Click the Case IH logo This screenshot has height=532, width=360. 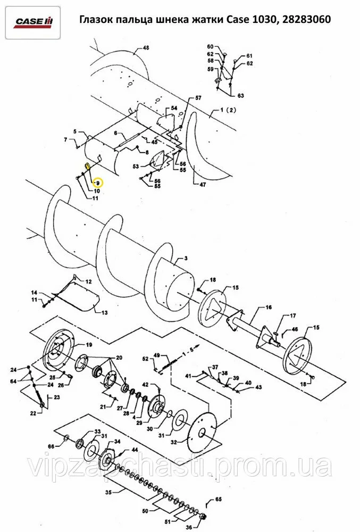tap(33, 22)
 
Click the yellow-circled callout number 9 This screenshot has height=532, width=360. tap(98, 182)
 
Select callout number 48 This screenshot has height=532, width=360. tap(146, 48)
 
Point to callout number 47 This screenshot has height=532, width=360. tap(202, 185)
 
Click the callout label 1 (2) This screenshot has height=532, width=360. tap(228, 110)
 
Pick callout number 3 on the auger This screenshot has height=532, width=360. tap(186, 259)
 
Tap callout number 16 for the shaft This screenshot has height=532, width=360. tap(269, 307)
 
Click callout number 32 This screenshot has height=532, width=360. tap(173, 442)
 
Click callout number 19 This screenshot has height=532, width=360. tap(88, 345)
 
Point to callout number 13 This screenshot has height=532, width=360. tap(105, 312)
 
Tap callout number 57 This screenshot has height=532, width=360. tap(198, 98)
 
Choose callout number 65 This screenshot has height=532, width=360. tap(219, 499)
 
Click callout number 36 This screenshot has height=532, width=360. tap(189, 527)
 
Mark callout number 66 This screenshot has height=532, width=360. tap(51, 446)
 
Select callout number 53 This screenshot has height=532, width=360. tap(136, 166)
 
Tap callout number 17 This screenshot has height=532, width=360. tap(292, 316)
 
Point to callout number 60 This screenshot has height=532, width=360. tap(211, 46)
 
